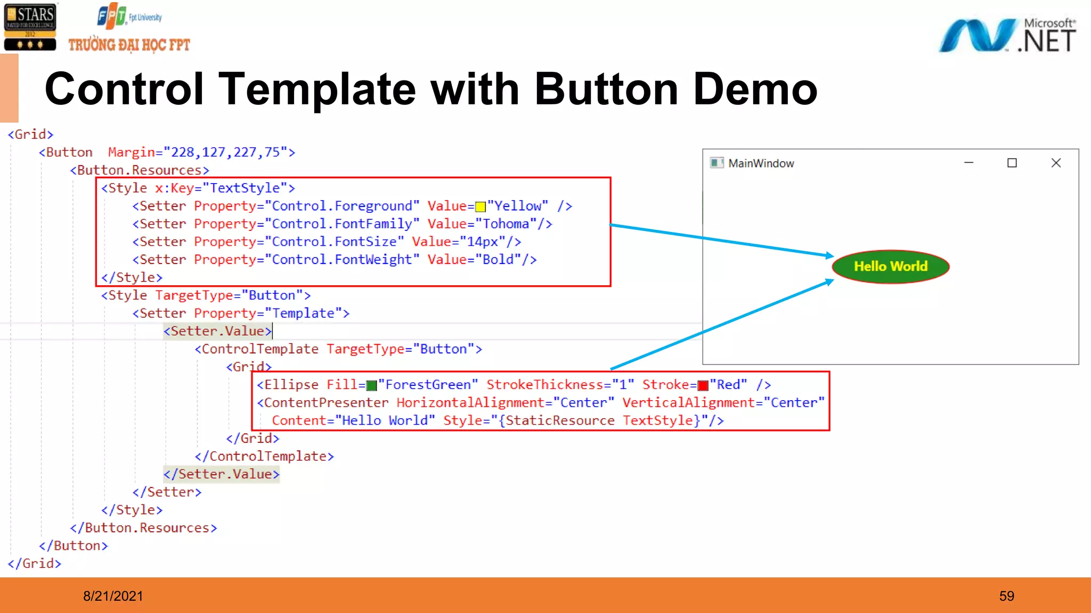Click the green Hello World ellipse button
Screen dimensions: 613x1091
891,267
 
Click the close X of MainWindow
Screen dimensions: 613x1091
1056,163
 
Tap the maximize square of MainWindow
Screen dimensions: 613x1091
1012,163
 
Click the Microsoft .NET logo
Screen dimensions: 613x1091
1007,35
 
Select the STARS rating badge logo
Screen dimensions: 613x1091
30,27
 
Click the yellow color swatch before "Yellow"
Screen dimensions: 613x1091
480,206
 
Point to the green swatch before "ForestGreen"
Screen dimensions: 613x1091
371,385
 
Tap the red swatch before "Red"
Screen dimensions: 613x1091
703,385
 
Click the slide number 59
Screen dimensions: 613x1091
1006,596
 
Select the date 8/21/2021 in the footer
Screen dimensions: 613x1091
113,596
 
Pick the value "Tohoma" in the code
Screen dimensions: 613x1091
506,224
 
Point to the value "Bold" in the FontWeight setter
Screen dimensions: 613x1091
498,260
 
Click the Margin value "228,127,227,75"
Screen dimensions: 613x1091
226,153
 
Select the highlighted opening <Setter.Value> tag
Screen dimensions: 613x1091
217,331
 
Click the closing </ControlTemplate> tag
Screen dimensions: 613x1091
264,456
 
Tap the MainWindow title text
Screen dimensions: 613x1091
761,163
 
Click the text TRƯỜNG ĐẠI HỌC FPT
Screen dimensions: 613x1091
129,45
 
